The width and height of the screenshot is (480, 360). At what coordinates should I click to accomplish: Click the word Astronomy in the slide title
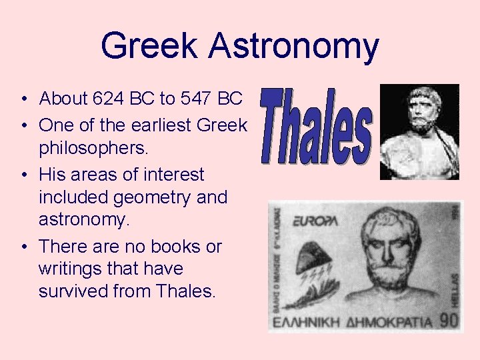coord(293,47)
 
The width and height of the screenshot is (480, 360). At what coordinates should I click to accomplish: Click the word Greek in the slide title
coord(149,45)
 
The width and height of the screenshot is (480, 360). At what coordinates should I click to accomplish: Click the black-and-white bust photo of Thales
coord(419,131)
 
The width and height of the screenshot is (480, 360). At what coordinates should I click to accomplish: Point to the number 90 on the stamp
coord(449,320)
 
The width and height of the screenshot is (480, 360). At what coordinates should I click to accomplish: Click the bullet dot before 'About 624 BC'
coord(23,100)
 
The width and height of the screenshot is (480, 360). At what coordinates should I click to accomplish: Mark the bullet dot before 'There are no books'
coord(23,247)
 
